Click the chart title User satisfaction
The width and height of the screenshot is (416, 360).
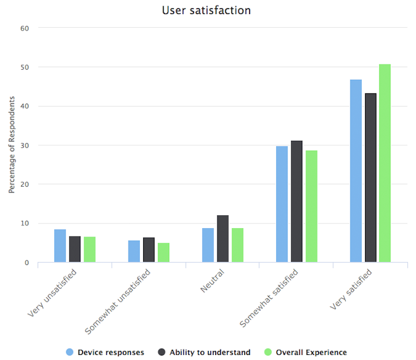click(x=206, y=10)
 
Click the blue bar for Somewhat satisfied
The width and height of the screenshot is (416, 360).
click(x=282, y=204)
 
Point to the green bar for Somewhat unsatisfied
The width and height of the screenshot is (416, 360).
click(x=164, y=252)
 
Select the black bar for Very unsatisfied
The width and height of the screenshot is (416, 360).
click(x=75, y=249)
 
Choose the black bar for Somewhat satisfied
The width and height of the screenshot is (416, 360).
click(x=297, y=202)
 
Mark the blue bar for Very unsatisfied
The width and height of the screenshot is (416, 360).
click(x=60, y=246)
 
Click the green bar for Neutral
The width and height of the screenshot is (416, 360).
click(x=237, y=245)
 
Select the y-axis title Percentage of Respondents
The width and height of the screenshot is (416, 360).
click(x=11, y=145)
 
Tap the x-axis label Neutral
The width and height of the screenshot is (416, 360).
click(x=213, y=281)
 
